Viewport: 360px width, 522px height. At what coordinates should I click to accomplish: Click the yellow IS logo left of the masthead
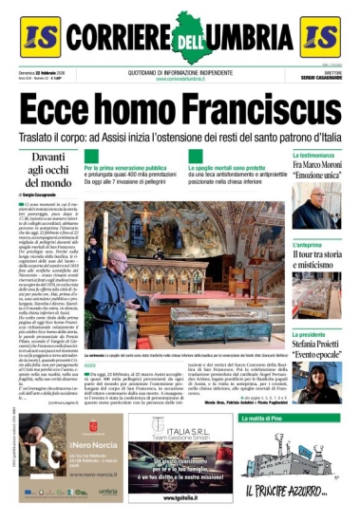39,35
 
